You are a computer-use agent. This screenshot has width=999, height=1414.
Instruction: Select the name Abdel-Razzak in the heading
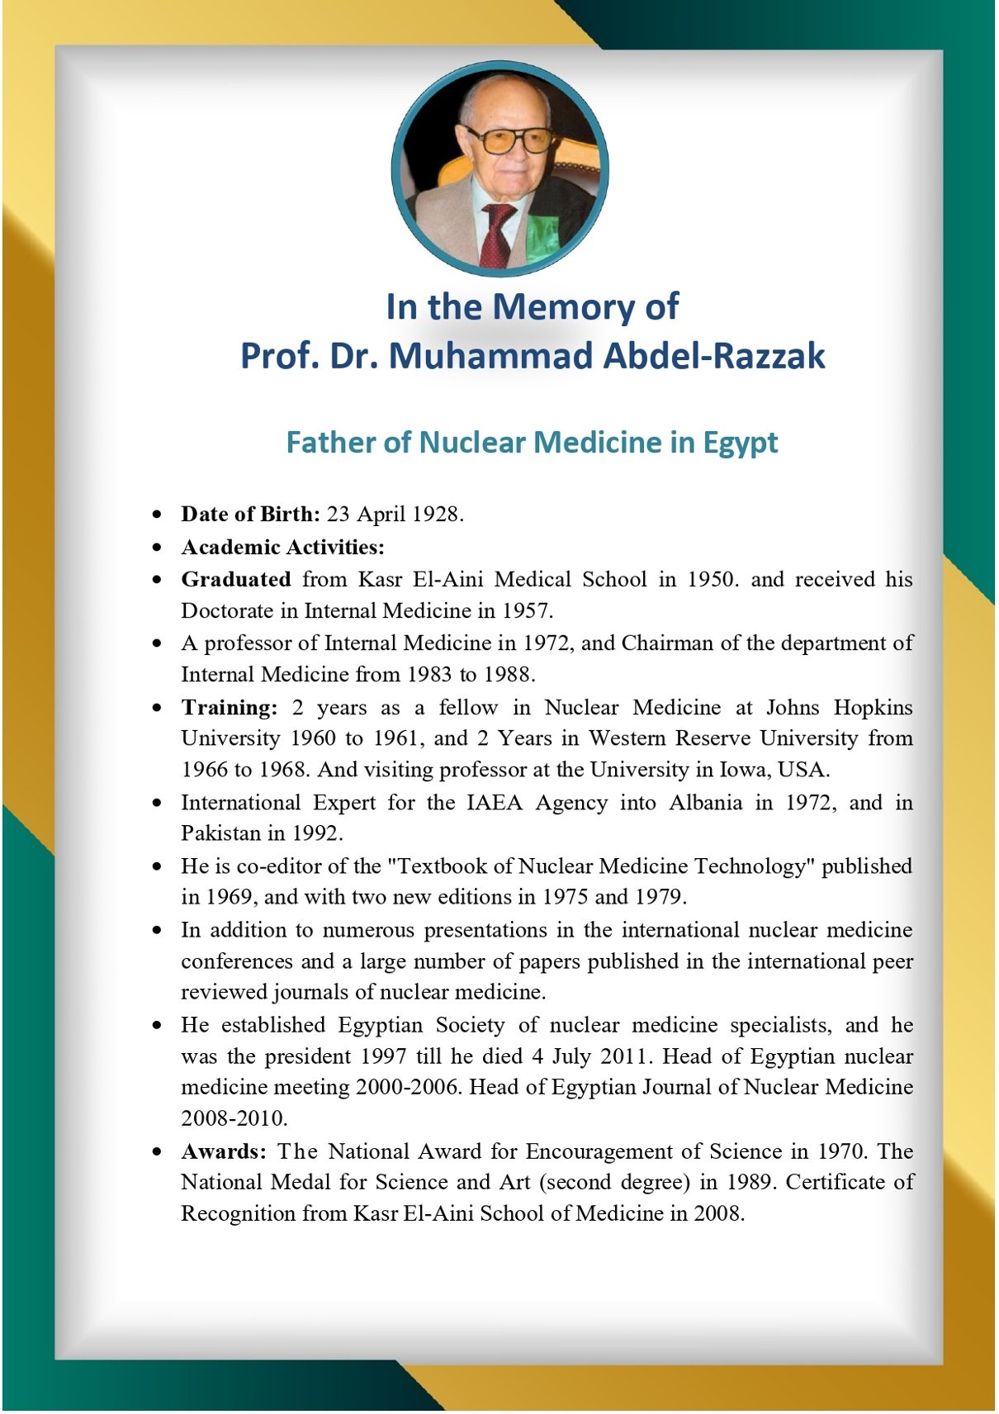coord(714,356)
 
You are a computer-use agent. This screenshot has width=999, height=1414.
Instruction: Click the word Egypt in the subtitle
coord(740,443)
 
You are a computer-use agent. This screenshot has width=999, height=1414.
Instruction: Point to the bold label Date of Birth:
coord(250,514)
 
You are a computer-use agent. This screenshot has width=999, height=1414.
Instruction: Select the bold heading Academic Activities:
coord(283,547)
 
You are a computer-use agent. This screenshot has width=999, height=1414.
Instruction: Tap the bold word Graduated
coord(236,579)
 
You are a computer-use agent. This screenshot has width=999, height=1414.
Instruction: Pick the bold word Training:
coord(230,707)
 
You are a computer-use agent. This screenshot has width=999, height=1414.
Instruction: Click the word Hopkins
coord(873,707)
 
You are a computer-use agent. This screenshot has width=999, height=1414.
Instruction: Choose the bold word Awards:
coord(224,1151)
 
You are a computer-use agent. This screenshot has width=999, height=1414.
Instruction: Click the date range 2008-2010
coord(234,1118)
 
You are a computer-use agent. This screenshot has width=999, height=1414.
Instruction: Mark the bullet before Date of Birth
coord(157,515)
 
